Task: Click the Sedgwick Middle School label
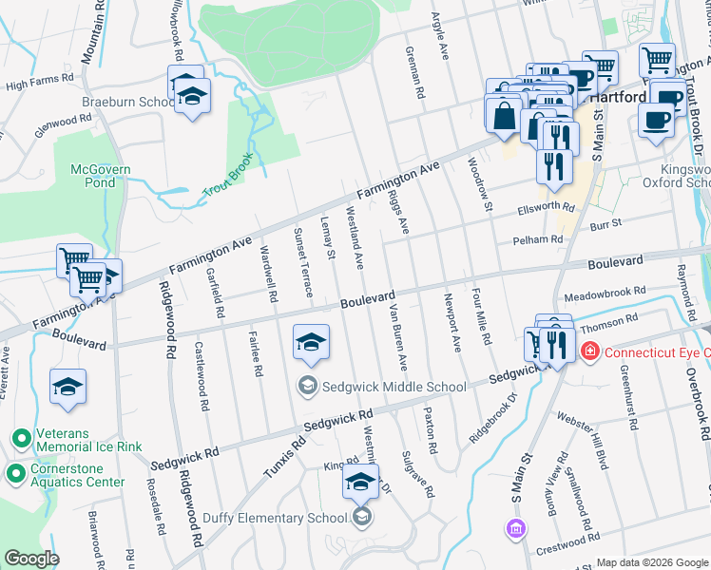pos(394,387)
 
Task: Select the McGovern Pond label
pos(101,177)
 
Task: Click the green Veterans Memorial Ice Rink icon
pos(20,438)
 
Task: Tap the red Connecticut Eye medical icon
pos(590,352)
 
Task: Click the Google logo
pos(31,558)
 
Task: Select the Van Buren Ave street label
pos(395,336)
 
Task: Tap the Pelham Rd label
pos(538,240)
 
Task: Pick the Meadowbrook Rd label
pos(605,292)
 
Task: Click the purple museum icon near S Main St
pos(515,528)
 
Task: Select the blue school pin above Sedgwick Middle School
pos(311,343)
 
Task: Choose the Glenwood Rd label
pos(64,125)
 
